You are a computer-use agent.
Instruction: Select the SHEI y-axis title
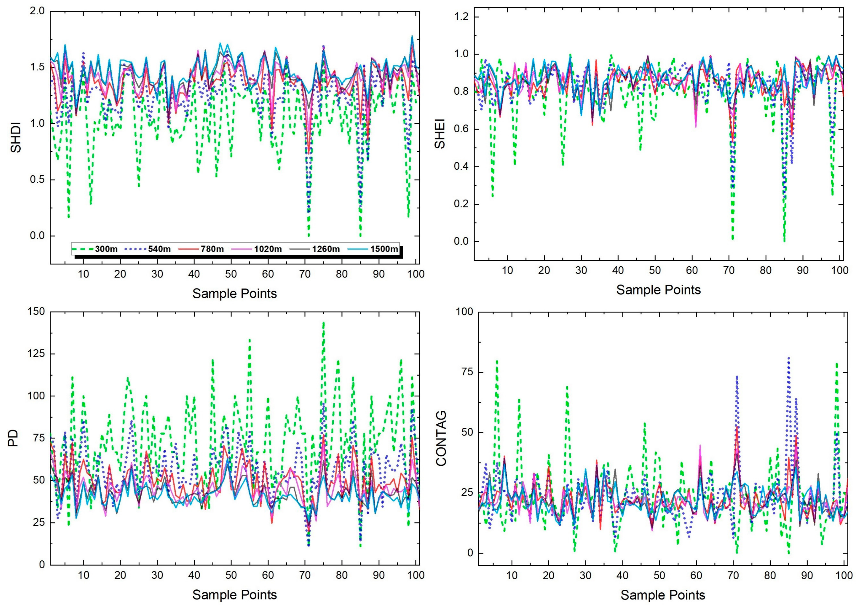440,134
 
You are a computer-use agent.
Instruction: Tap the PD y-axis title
14,438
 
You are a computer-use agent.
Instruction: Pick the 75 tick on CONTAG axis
464,372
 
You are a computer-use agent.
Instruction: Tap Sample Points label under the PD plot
234,595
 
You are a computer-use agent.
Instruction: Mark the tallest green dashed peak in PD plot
323,323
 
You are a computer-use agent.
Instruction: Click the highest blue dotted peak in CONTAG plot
789,358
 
